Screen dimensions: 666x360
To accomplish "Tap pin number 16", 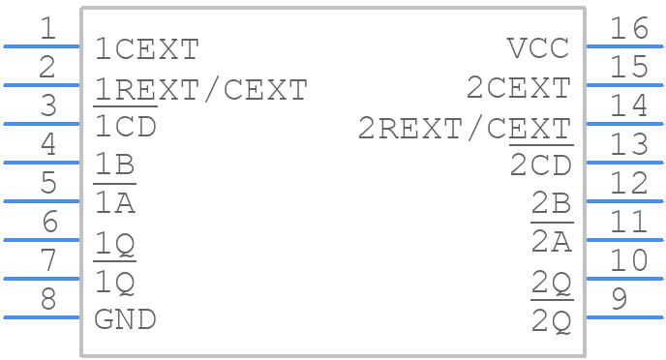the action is [629, 29].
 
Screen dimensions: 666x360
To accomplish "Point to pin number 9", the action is [621, 300].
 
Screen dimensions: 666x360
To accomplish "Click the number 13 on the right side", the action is [629, 145].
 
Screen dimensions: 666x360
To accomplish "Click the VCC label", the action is [537, 48].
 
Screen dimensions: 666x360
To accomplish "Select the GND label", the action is [125, 319].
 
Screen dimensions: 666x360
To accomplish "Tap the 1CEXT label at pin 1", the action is [146, 48].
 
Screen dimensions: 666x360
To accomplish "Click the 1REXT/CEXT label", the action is [200, 89].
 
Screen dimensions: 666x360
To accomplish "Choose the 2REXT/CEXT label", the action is [464, 128].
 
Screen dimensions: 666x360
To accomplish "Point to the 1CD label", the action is [125, 127].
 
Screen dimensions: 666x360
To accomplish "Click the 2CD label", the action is [540, 165].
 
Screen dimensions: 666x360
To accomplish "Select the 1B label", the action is [114, 165].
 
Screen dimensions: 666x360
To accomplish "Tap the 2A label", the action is [551, 242].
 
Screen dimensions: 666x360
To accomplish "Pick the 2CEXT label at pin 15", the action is [518, 88].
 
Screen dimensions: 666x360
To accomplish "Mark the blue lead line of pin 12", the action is [624, 200].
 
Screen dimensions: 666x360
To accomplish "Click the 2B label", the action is [551, 204].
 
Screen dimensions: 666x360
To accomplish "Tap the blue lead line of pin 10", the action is [624, 278].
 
